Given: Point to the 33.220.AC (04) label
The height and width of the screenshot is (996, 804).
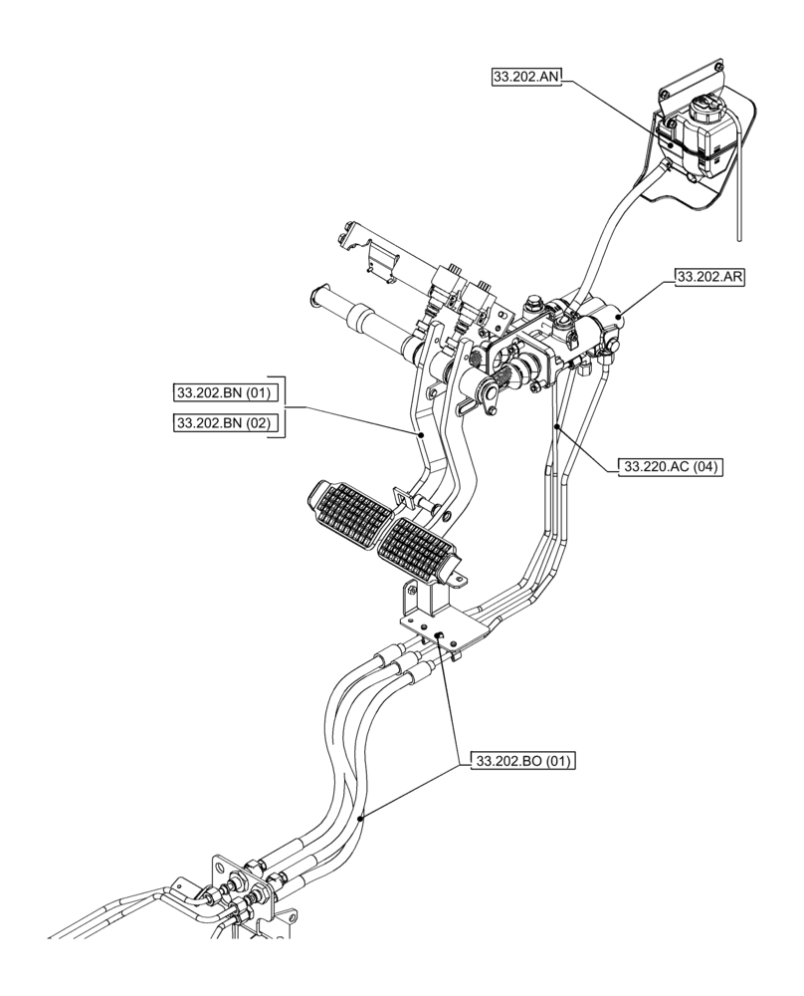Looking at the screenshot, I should tap(672, 465).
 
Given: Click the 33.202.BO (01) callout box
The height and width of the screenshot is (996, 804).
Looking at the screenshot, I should tap(524, 762).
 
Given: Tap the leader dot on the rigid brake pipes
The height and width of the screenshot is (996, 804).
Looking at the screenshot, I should tap(559, 426).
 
